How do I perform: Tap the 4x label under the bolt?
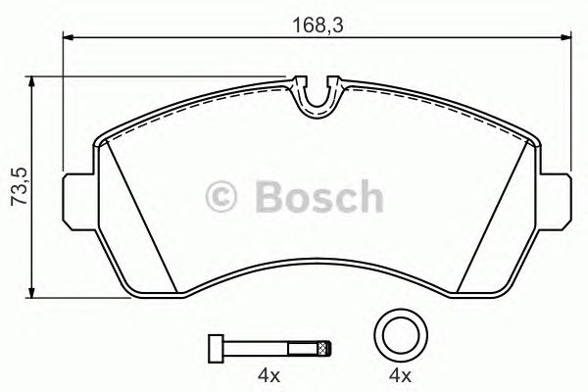pos(269,375)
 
